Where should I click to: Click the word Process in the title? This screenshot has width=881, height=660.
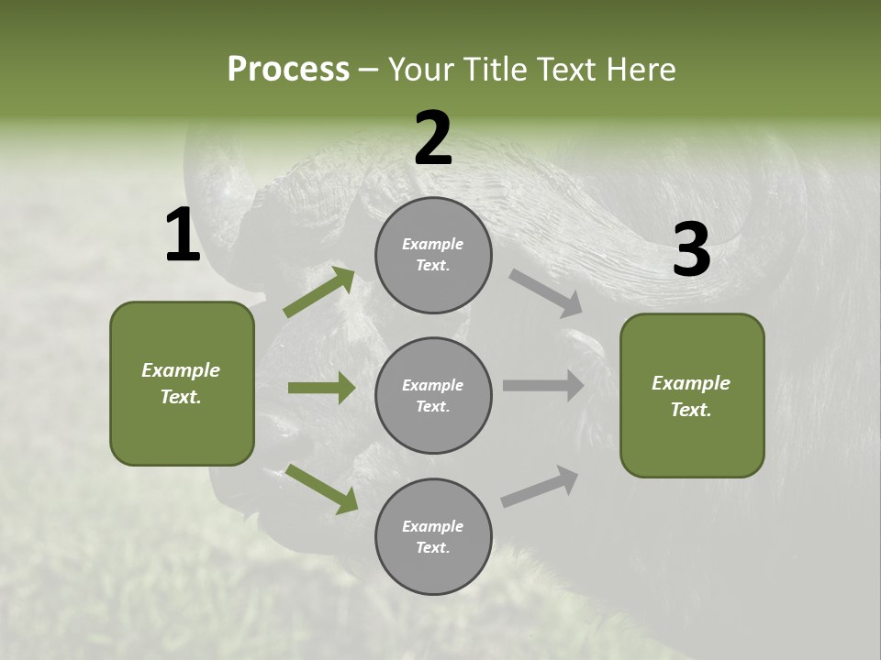[x=288, y=69]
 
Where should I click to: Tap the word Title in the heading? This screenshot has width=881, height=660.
[x=492, y=69]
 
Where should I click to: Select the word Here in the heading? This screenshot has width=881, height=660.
[x=641, y=69]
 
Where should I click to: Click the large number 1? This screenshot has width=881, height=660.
[x=183, y=236]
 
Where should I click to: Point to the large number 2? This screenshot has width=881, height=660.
[x=433, y=139]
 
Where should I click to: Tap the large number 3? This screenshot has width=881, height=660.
[x=691, y=250]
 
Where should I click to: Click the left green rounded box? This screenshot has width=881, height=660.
[x=182, y=383]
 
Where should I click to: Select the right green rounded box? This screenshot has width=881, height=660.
[x=692, y=395]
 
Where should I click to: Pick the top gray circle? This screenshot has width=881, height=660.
[x=433, y=255]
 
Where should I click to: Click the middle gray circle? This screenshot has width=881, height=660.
[x=433, y=395]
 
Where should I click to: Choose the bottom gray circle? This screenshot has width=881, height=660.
[x=433, y=536]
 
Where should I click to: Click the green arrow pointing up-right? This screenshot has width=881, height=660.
[x=319, y=291]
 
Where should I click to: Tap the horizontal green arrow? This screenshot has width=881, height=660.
[x=321, y=388]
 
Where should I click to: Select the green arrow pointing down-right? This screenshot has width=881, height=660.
[x=321, y=489]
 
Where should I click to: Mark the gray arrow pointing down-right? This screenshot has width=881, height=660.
[x=546, y=293]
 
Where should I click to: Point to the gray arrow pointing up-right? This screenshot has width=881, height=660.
[x=540, y=486]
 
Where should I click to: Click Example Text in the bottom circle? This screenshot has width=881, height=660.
[x=433, y=537]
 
